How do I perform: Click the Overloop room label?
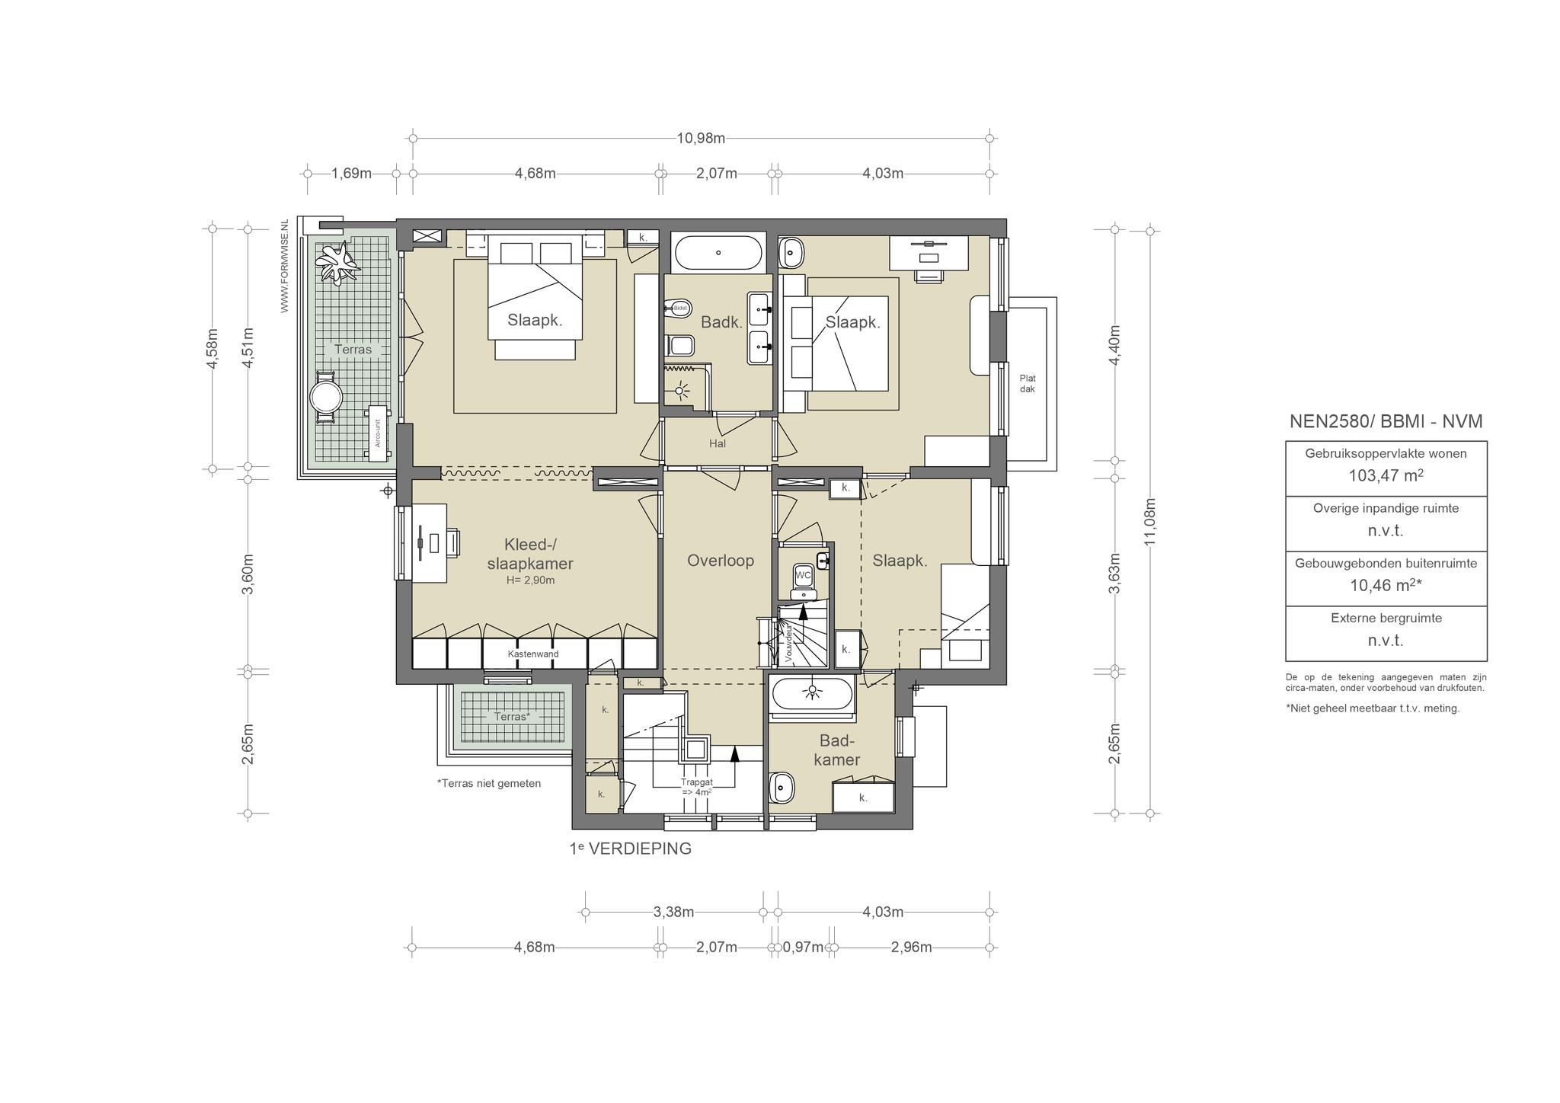(720, 561)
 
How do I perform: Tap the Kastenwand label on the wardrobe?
(533, 654)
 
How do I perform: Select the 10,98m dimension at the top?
(701, 138)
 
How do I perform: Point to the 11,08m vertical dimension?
(1150, 521)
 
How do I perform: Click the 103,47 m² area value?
(1386, 476)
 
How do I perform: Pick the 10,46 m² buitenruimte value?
(1386, 585)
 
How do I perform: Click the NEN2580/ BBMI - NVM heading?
(1386, 421)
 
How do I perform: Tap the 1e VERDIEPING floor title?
(630, 849)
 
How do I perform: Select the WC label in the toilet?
(804, 575)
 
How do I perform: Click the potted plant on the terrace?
(337, 263)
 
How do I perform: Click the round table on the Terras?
(325, 397)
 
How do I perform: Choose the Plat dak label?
(1028, 384)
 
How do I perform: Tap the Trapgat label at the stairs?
(697, 787)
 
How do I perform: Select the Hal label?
(718, 443)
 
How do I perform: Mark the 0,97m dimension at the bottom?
(803, 948)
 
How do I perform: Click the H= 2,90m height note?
(531, 580)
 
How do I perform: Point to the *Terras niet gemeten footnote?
(489, 783)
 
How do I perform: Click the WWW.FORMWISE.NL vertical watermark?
(285, 265)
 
